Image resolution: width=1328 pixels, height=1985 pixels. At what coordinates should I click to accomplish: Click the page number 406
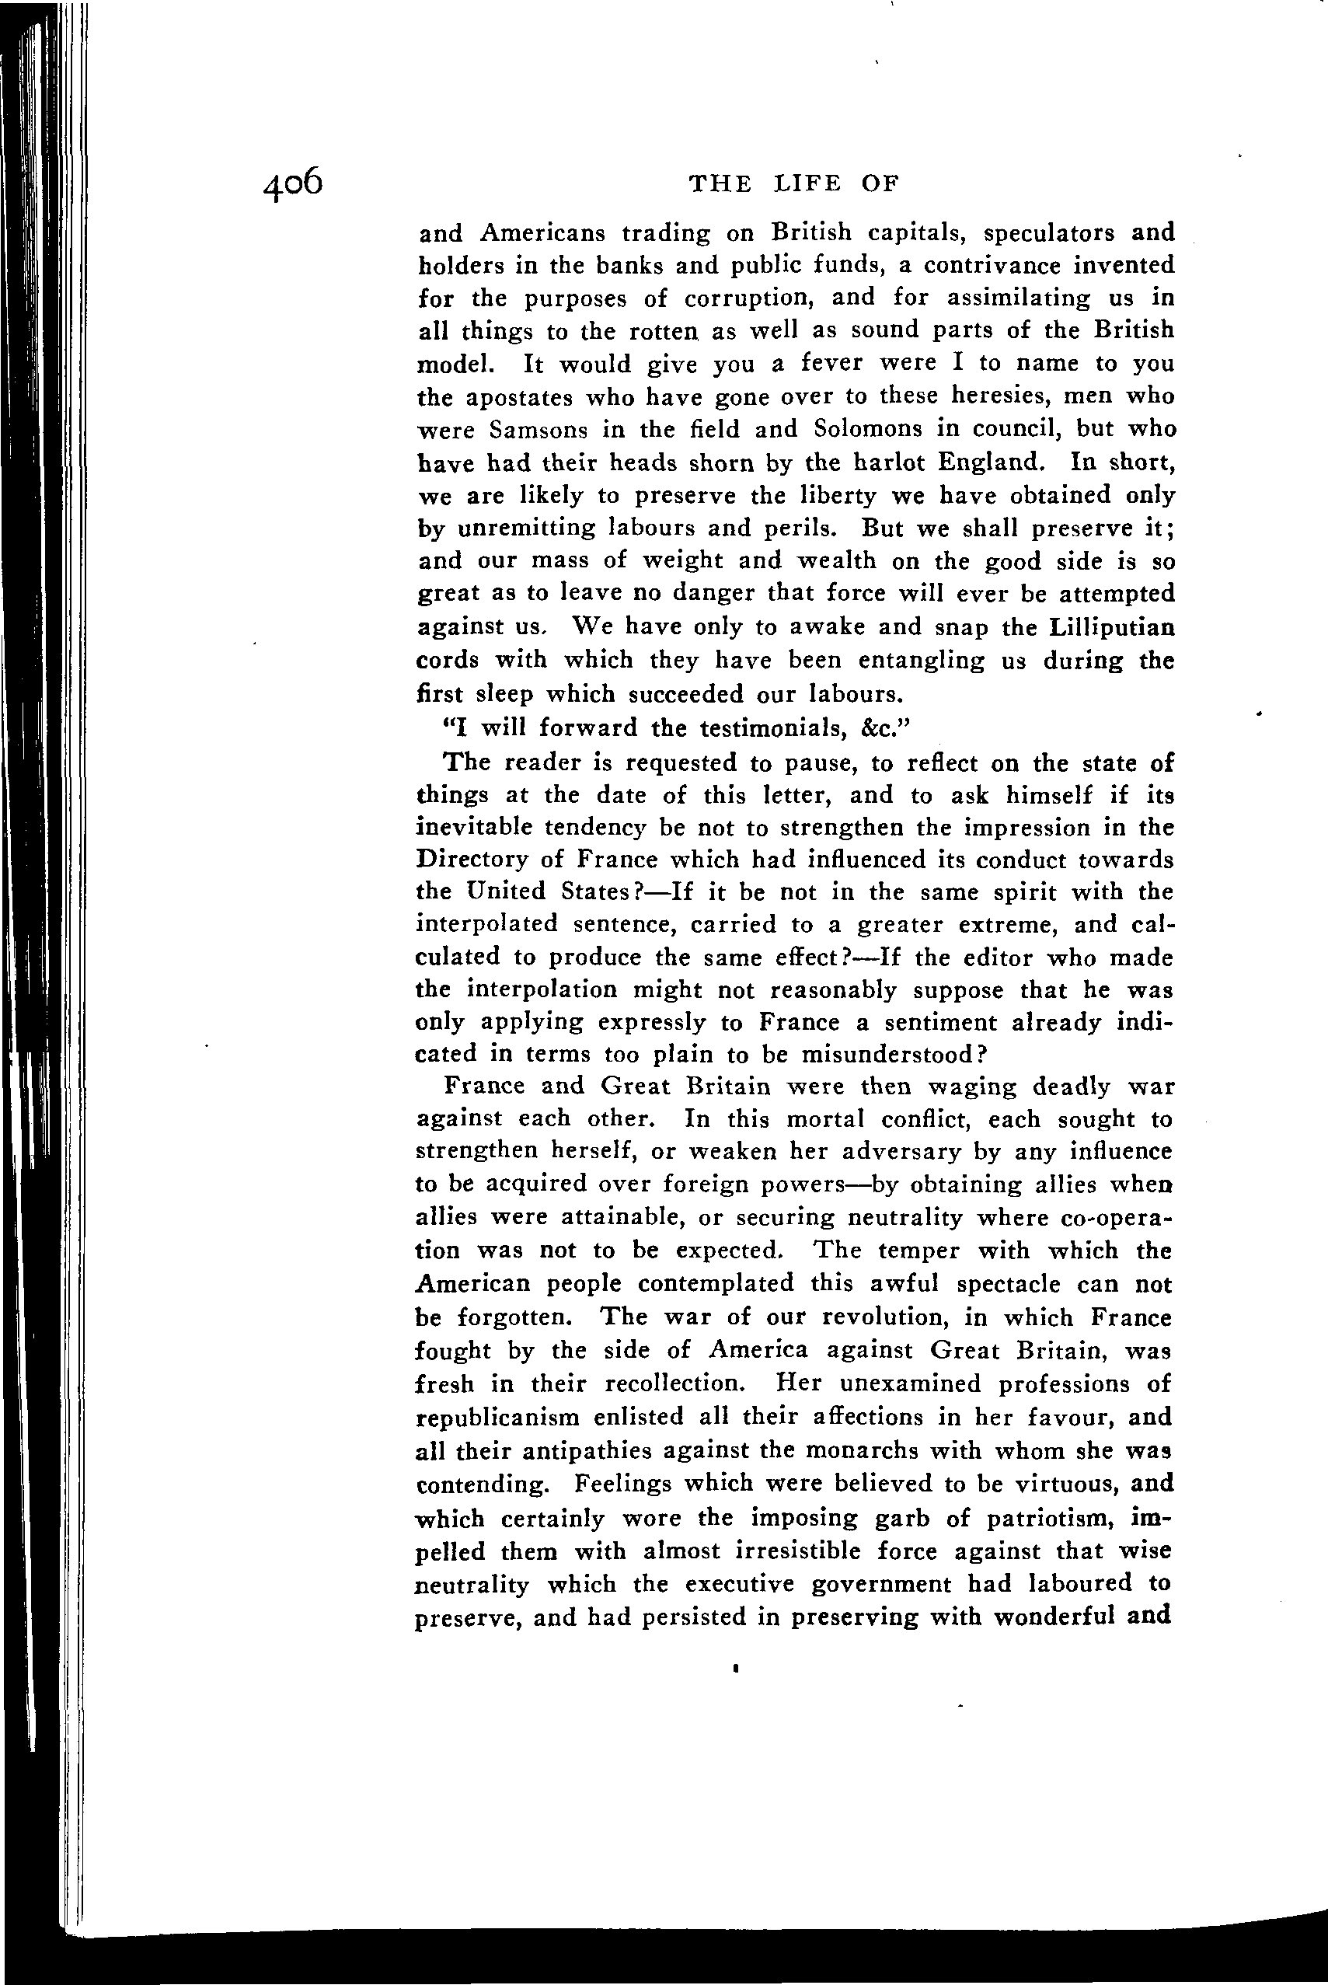293,183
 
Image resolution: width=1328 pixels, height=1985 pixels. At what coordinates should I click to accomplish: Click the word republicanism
498,1418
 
